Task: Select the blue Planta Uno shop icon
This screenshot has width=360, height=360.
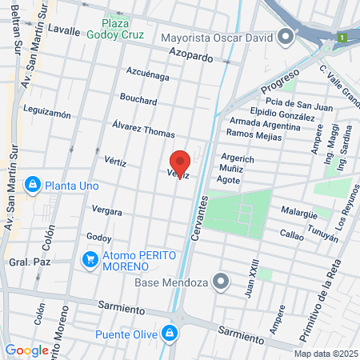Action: [x=32, y=185]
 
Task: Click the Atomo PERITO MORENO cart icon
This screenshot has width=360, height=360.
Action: [x=90, y=259]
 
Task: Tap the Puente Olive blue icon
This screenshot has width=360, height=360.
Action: [x=169, y=334]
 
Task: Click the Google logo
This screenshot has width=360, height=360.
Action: [x=26, y=350]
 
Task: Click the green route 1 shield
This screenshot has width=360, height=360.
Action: [x=341, y=37]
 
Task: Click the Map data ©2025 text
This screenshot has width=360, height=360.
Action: [x=325, y=354]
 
